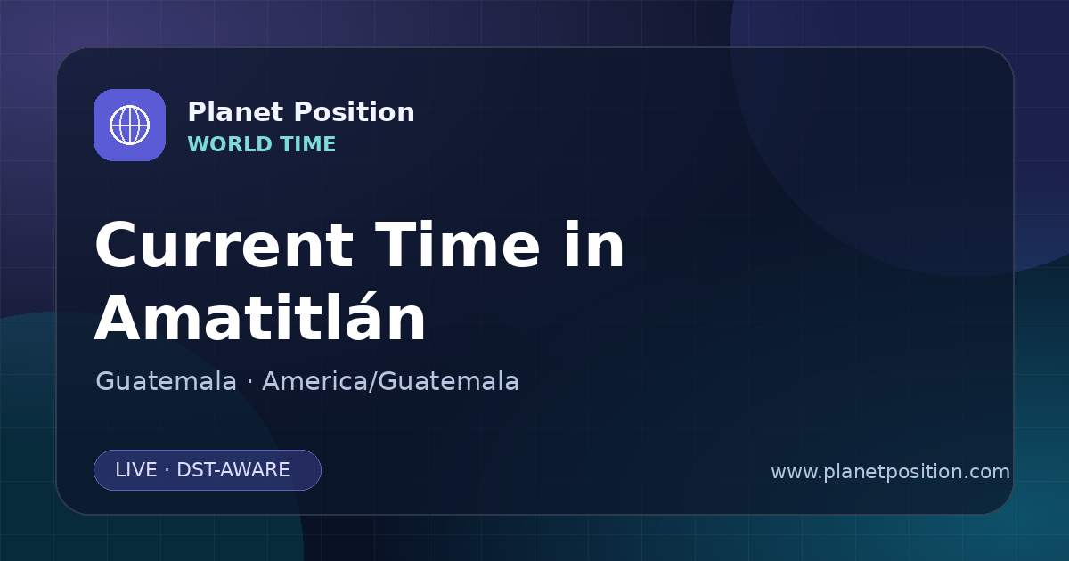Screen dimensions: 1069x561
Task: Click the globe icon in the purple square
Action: coord(129,125)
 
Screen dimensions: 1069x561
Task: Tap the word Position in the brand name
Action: coord(355,112)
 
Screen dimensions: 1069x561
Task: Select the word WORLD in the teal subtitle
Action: coord(230,144)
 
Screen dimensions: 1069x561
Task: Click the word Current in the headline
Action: coord(224,246)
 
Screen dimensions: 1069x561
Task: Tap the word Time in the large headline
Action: coord(457,245)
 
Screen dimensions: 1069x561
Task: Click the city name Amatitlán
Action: coord(259,317)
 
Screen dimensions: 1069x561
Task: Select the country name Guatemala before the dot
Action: coord(166,381)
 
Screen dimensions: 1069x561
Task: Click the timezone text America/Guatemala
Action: coord(390,381)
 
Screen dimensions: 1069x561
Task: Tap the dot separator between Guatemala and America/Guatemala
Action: coord(249,382)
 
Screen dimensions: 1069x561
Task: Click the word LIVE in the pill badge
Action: coord(136,470)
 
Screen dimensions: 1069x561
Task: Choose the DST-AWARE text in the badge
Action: coord(233,470)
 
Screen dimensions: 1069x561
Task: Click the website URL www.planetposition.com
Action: coord(890,472)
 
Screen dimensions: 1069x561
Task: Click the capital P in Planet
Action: coord(197,112)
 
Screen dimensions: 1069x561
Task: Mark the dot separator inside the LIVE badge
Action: coord(167,470)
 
